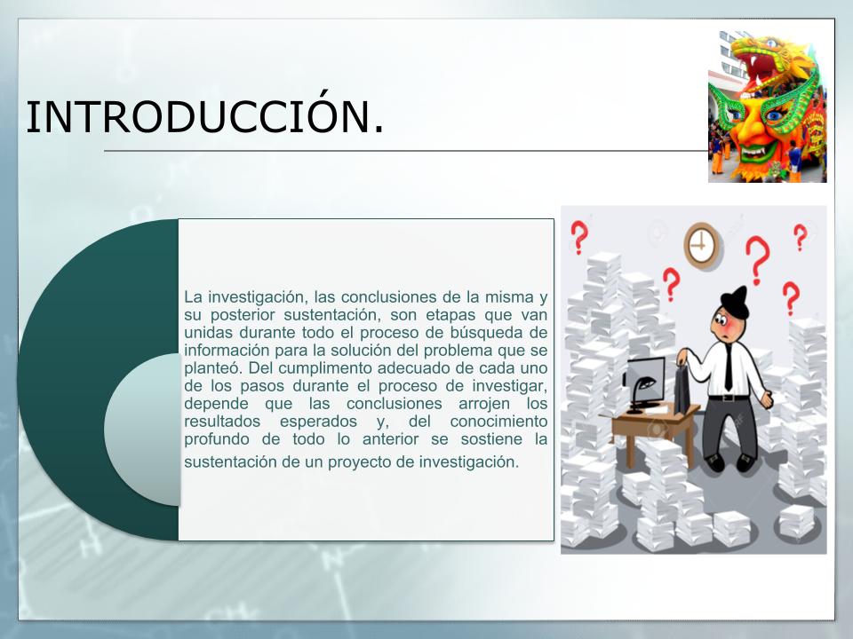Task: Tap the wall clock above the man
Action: point(703,246)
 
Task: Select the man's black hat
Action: point(735,302)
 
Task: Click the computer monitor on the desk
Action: point(646,382)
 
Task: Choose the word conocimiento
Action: point(498,422)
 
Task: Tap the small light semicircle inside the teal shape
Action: point(142,430)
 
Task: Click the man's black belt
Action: point(729,398)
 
